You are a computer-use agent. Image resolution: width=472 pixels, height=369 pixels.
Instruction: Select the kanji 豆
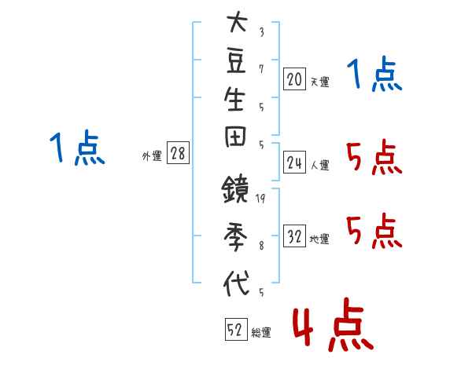236,60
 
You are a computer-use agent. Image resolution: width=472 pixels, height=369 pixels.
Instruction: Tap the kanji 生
234,98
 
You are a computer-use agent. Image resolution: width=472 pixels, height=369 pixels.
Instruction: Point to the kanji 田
235,137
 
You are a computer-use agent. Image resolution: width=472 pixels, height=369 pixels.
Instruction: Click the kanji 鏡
235,188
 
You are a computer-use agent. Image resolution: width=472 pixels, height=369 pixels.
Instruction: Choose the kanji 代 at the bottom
236,283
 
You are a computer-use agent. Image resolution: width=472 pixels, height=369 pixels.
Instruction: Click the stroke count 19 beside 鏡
260,199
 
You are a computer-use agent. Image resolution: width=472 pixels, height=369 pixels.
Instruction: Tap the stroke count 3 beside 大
262,32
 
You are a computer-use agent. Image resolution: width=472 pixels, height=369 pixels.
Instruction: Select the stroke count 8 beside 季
262,246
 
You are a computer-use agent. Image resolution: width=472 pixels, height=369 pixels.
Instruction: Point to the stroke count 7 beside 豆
261,69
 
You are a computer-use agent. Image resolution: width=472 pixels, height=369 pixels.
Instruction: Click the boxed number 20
294,79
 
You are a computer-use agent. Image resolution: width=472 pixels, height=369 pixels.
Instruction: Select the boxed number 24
294,163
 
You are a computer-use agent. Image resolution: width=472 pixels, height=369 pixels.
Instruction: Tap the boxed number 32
294,236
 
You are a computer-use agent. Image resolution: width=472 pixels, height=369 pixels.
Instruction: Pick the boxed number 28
178,152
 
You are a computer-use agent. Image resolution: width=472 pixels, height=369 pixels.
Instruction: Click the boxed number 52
236,329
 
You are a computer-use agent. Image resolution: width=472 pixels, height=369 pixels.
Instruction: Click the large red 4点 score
333,325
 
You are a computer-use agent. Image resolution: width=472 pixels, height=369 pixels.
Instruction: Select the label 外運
152,156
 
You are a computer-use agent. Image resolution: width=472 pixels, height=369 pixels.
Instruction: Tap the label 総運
261,333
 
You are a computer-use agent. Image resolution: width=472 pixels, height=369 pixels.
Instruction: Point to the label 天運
320,82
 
